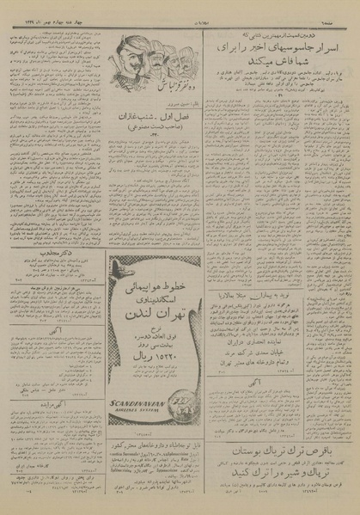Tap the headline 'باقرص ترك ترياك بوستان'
(284, 425)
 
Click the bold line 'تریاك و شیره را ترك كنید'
(284, 458)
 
